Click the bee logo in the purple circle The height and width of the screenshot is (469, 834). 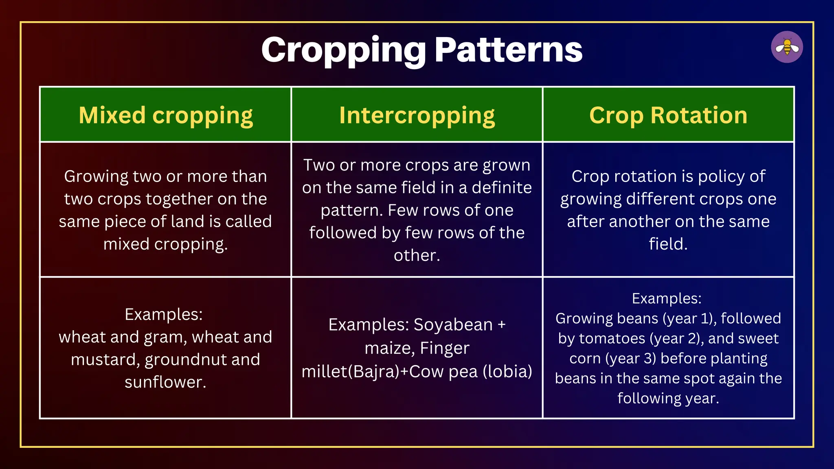tap(787, 47)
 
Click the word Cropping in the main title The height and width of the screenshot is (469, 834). tap(343, 50)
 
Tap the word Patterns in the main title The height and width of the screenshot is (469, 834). tap(509, 50)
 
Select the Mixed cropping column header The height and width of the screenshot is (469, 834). tap(166, 115)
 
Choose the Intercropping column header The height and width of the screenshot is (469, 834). tap(417, 115)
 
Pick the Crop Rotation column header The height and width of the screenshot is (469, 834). tap(668, 115)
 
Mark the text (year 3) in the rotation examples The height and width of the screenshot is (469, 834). tap(631, 358)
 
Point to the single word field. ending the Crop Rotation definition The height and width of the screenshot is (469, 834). tap(668, 244)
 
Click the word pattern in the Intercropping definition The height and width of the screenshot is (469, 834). tap(351, 210)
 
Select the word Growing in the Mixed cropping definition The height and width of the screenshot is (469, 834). tap(96, 176)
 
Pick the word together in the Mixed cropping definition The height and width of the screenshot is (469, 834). tap(180, 199)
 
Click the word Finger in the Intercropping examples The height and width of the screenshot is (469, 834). tap(445, 348)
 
